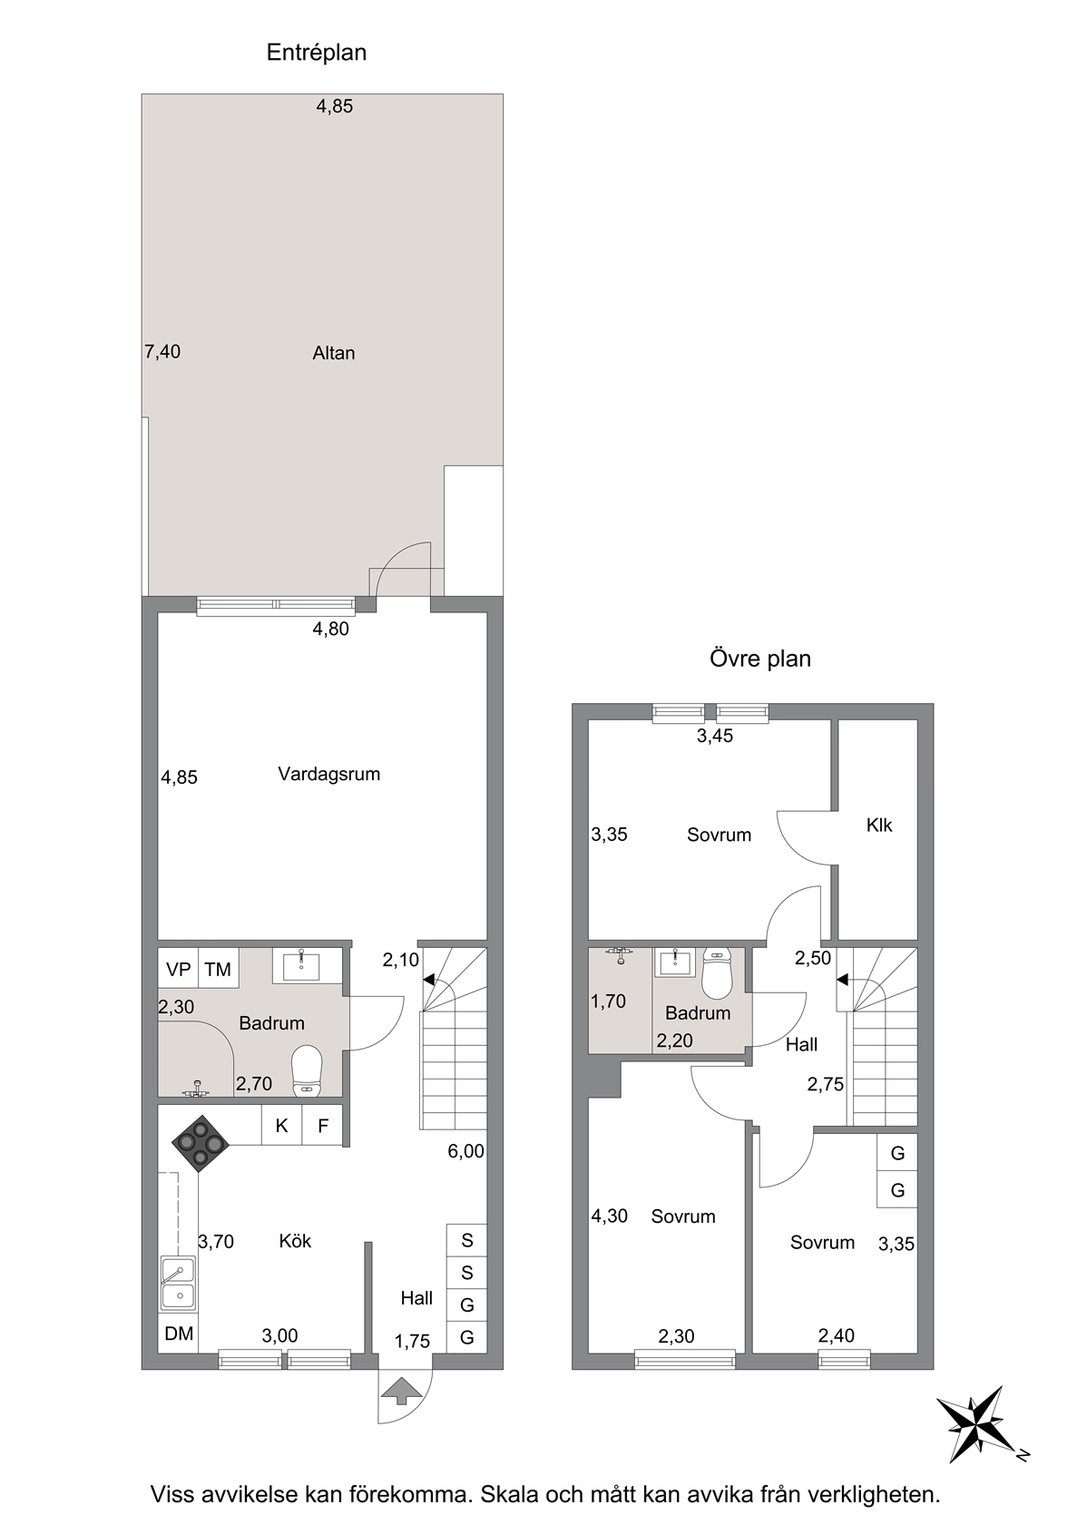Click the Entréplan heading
[317, 53]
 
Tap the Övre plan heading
[760, 659]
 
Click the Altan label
[333, 353]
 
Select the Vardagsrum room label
[328, 774]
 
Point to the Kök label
[295, 1241]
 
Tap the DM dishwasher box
[179, 1333]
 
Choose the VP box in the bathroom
[178, 969]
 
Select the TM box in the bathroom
[218, 969]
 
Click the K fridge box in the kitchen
[281, 1125]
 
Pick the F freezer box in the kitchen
[322, 1125]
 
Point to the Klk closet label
[879, 825]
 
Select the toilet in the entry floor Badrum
[306, 1071]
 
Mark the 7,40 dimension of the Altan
[162, 352]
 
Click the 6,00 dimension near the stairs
[466, 1151]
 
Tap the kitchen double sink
[178, 1283]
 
